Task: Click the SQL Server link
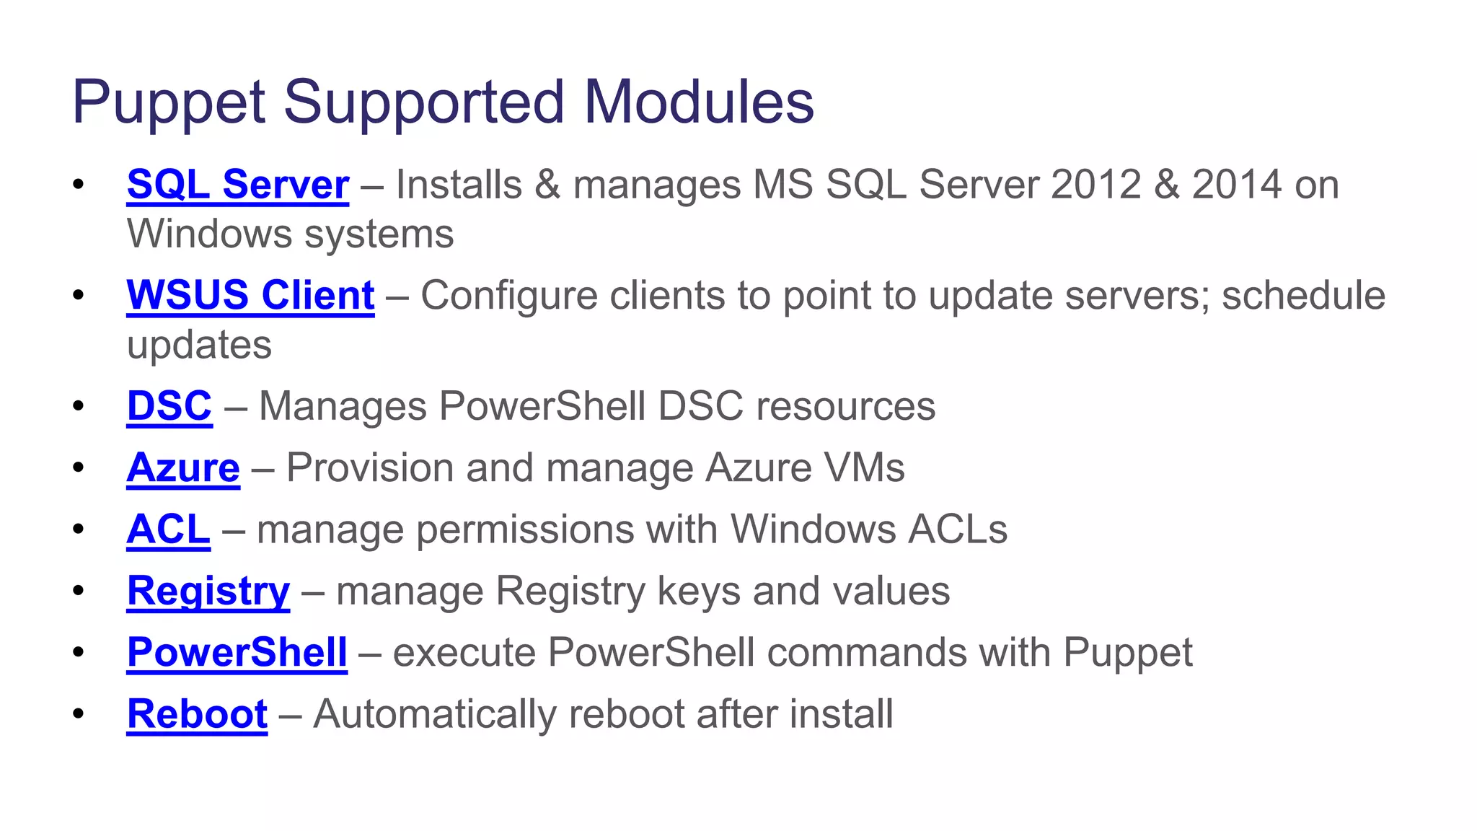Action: coord(237,185)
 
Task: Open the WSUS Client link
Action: coord(250,296)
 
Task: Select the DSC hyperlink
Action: coord(169,406)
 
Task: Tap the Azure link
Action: coord(183,468)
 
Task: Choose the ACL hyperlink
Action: coord(169,529)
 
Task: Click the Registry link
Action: coord(208,592)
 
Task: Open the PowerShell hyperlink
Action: coord(237,653)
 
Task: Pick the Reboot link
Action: coord(197,714)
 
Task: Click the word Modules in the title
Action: coord(699,102)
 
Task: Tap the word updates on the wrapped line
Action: coord(199,346)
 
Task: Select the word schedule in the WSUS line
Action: coord(1303,296)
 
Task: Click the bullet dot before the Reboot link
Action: coord(79,714)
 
